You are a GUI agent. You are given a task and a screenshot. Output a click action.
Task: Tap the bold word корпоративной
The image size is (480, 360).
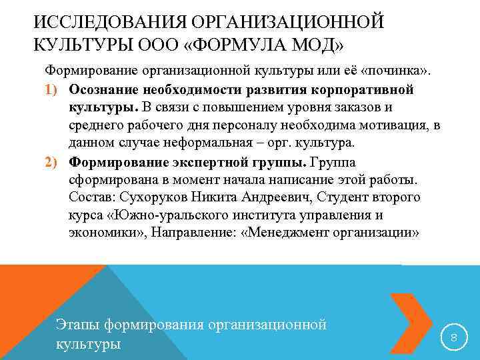[370, 89]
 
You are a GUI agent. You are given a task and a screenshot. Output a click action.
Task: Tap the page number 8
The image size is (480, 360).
[454, 338]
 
